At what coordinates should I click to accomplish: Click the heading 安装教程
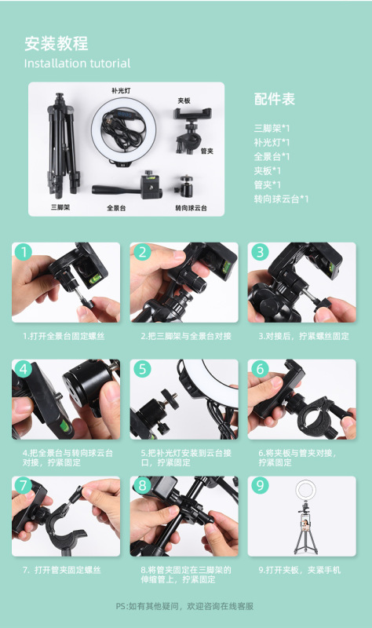pyautogui.click(x=57, y=44)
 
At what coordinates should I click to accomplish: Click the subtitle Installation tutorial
pyautogui.click(x=77, y=64)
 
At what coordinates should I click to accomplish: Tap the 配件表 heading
pyautogui.click(x=275, y=100)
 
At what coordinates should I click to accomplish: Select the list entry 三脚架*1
pyautogui.click(x=272, y=129)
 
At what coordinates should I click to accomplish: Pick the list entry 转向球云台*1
pyautogui.click(x=281, y=199)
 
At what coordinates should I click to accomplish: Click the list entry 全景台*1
pyautogui.click(x=272, y=156)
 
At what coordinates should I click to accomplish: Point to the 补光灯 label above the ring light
pyautogui.click(x=121, y=90)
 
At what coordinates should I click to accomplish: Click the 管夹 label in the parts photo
pyautogui.click(x=207, y=151)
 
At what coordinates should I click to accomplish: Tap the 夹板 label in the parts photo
pyautogui.click(x=184, y=100)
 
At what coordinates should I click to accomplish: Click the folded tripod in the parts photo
pyautogui.click(x=62, y=146)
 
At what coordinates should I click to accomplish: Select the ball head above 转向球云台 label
pyautogui.click(x=185, y=186)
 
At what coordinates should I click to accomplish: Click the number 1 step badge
pyautogui.click(x=24, y=252)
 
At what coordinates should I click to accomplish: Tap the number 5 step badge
pyautogui.click(x=142, y=369)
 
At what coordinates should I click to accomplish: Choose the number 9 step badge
pyautogui.click(x=260, y=485)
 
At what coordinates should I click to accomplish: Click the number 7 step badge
pyautogui.click(x=24, y=485)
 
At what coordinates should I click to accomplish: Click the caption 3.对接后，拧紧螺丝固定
pyautogui.click(x=304, y=336)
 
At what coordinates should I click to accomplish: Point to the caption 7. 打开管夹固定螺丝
pyautogui.click(x=62, y=570)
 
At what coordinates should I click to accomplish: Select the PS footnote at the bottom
pyautogui.click(x=184, y=606)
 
